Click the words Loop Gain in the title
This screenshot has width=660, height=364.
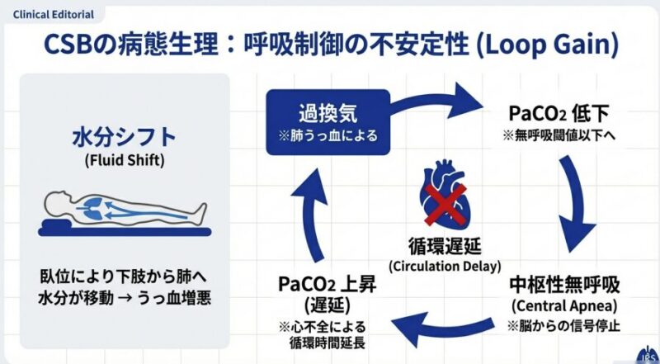552,45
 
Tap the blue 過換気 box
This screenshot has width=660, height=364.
327,122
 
